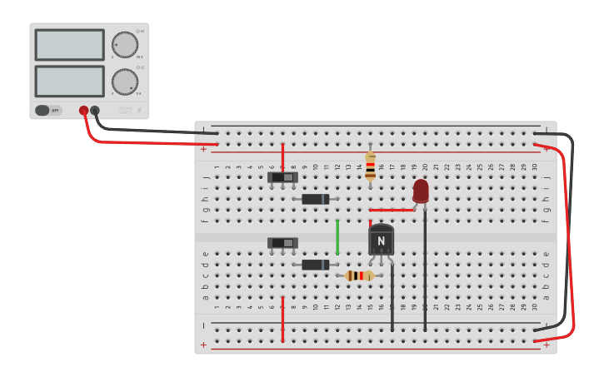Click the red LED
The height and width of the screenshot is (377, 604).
(x=421, y=191)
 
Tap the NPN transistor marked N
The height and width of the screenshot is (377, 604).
(x=381, y=241)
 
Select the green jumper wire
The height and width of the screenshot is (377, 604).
(x=337, y=237)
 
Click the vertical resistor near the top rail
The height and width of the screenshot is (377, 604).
(x=370, y=166)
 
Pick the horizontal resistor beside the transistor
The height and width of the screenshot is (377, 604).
(x=359, y=275)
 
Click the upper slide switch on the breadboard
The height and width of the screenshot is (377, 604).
(x=282, y=177)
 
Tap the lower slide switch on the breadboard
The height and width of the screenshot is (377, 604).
(x=282, y=243)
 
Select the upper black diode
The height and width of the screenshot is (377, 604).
(x=315, y=199)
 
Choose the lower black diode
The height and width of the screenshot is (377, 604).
(x=315, y=265)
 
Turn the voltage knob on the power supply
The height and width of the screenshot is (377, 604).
(x=125, y=45)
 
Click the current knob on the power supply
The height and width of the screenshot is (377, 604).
(x=125, y=82)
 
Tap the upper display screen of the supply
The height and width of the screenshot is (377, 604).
(x=70, y=45)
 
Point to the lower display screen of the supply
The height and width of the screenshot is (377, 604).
(x=70, y=81)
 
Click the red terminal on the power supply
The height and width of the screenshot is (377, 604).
(x=83, y=110)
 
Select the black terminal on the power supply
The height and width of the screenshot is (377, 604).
(x=95, y=110)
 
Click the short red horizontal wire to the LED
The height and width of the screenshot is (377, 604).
(x=392, y=210)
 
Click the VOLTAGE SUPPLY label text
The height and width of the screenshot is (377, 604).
(x=125, y=110)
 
